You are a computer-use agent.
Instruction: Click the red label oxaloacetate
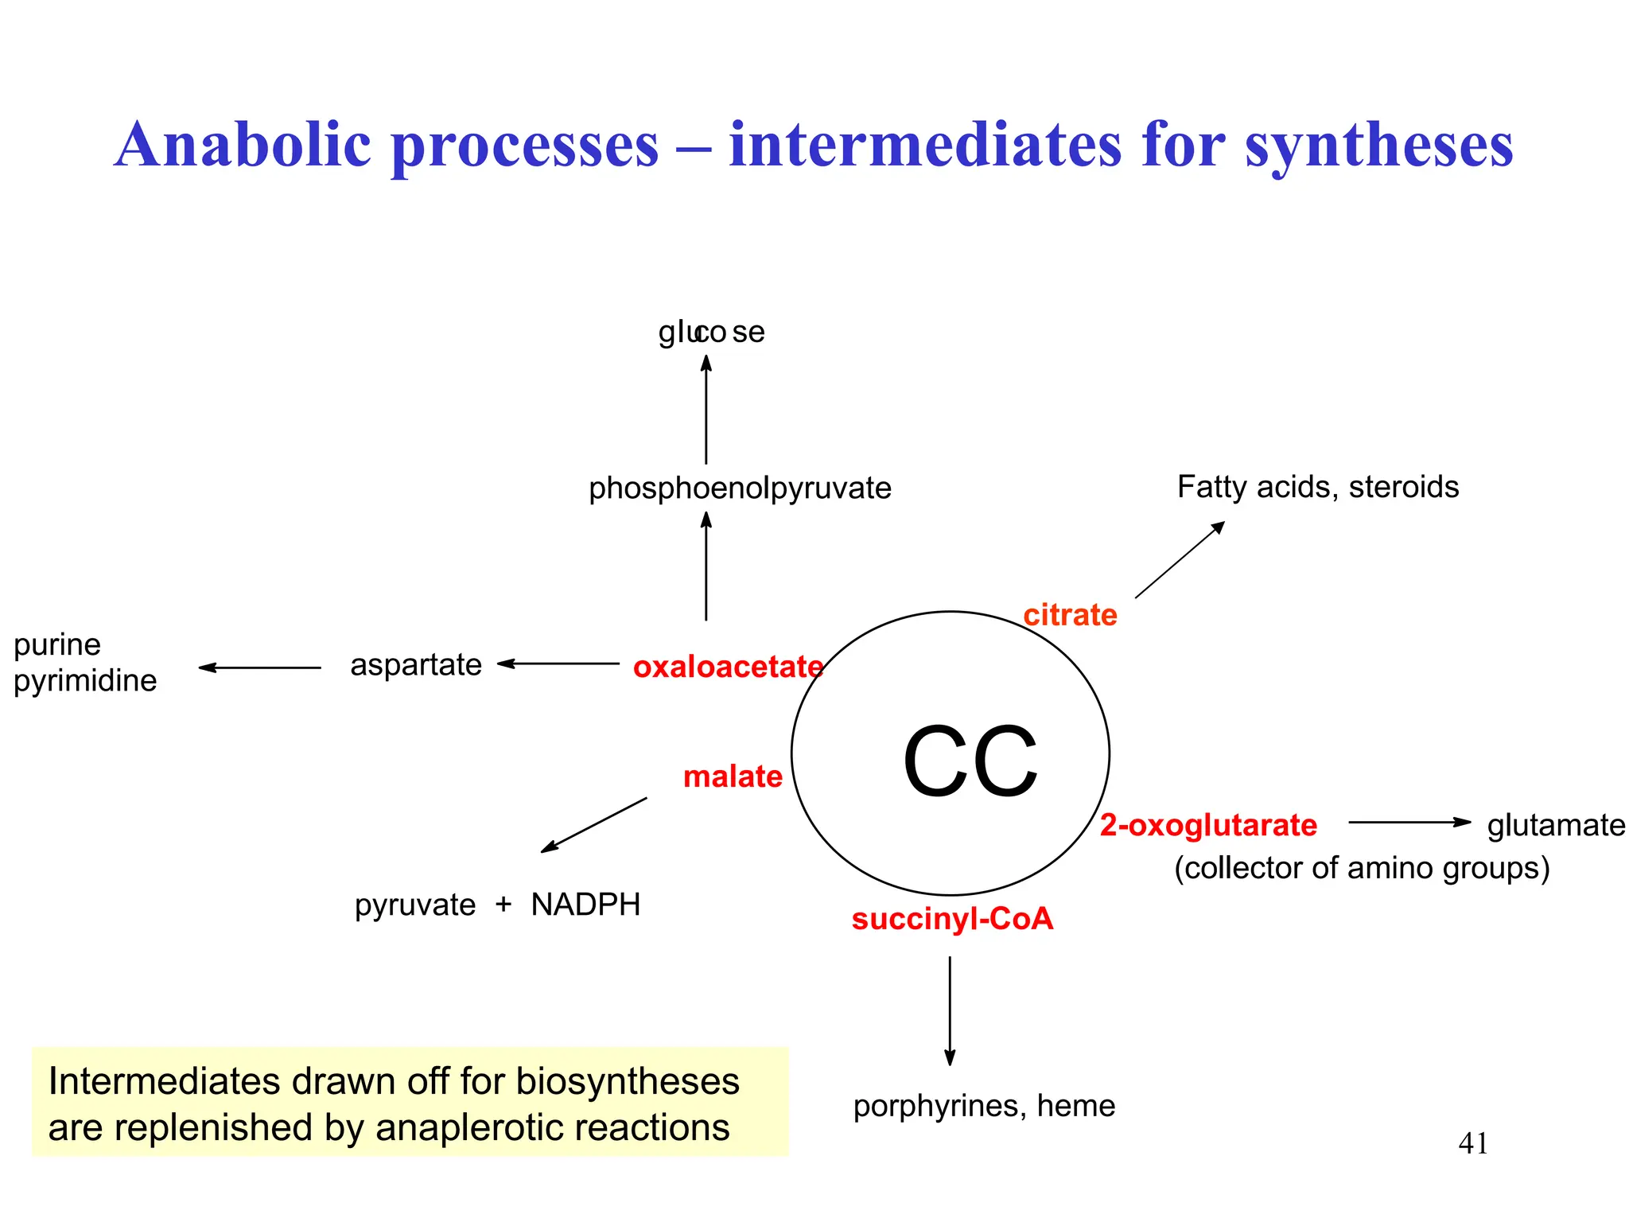coord(728,667)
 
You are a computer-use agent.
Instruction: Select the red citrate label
coord(1070,615)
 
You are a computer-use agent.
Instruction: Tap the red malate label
coord(733,776)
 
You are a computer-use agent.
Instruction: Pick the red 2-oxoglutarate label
coord(1208,826)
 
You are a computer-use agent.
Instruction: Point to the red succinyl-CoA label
coord(952,920)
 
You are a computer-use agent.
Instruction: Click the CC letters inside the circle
coord(970,761)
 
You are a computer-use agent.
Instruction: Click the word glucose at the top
coord(711,332)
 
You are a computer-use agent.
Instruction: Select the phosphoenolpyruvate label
coord(740,488)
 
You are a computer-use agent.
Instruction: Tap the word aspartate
coord(416,664)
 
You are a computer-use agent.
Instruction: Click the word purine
coord(57,644)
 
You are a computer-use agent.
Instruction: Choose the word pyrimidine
coord(85,681)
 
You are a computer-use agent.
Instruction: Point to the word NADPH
coord(585,905)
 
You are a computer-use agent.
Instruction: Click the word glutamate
coord(1556,826)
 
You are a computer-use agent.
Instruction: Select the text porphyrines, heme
coord(984,1106)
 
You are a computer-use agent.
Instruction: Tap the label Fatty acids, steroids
coord(1318,487)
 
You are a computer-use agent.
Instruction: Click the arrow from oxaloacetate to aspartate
coord(558,664)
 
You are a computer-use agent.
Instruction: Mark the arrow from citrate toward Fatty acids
coord(1180,560)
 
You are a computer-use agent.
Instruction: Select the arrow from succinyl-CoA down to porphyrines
coord(950,1010)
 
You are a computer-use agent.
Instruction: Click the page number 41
coord(1473,1144)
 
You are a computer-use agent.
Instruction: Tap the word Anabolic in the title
coord(243,145)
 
